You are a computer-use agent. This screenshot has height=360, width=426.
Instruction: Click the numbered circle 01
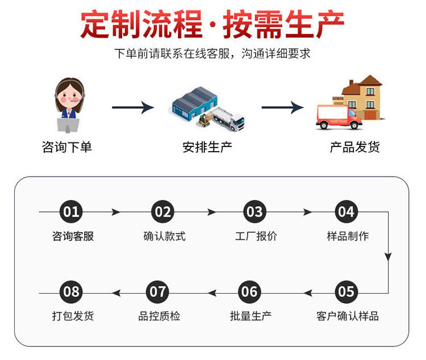pos(71,212)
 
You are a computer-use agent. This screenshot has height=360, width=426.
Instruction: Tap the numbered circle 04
pos(346,212)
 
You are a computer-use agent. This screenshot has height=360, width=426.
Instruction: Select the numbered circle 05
pos(346,292)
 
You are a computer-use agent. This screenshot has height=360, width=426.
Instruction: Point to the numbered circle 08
pos(71,292)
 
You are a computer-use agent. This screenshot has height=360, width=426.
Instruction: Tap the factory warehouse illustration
pos(196,104)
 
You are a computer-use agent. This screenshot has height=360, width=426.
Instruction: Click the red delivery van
pos(339,116)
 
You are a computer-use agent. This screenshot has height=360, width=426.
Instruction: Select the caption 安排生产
pos(207,147)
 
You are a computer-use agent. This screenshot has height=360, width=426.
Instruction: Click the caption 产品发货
pos(355,147)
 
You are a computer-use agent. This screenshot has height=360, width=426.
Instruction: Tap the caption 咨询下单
pos(67,147)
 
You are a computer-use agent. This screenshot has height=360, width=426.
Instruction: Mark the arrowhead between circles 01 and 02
pos(116,212)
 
